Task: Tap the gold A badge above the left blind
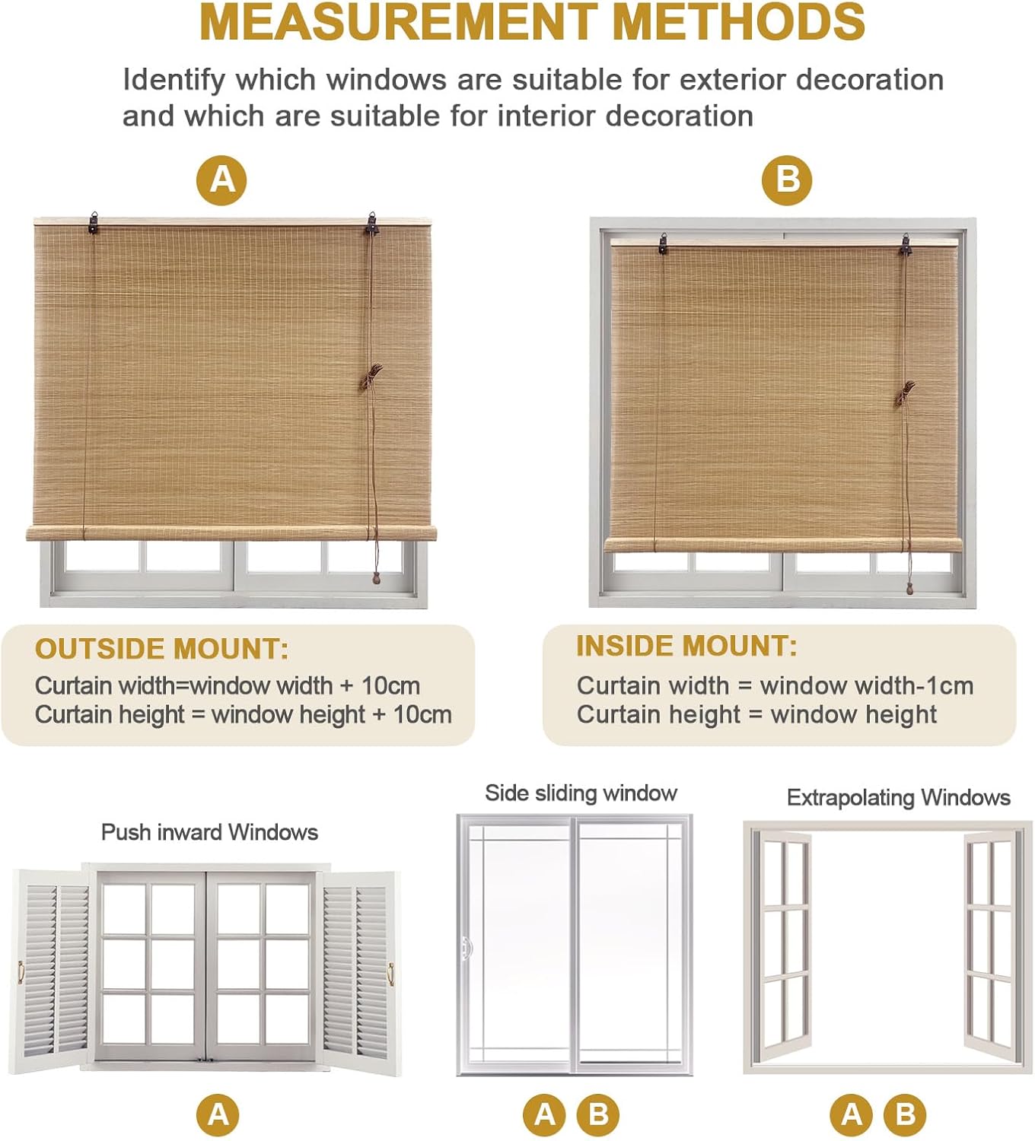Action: pos(221,180)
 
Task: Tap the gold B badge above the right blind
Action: pos(787,180)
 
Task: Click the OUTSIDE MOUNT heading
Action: pos(161,649)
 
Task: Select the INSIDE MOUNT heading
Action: pos(686,646)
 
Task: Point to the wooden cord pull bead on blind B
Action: pos(909,588)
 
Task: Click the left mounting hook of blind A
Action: pos(94,222)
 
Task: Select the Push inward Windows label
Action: pos(209,832)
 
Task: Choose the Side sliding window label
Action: pos(581,793)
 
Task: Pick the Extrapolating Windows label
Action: pos(898,797)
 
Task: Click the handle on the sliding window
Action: pos(467,948)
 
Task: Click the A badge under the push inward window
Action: pos(218,1114)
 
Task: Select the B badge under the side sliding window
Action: pos(598,1114)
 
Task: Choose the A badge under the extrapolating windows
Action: pos(852,1114)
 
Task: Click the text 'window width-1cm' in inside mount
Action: pos(867,685)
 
